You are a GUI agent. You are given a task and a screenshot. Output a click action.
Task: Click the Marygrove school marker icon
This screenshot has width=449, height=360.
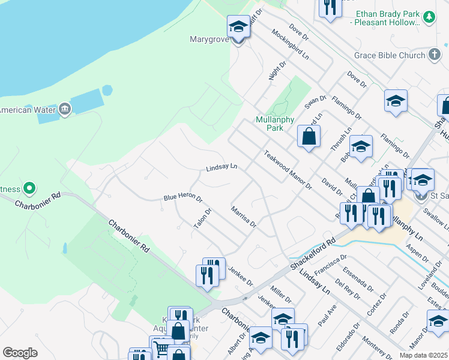point(238,26)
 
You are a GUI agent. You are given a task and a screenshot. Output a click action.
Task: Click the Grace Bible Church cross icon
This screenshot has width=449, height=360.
point(435,55)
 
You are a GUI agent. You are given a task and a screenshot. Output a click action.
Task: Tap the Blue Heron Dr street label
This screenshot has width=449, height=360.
point(182,199)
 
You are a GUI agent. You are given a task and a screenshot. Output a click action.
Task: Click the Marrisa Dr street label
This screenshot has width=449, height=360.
point(244,217)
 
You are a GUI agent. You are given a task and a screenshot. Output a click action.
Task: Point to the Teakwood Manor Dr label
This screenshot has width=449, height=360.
point(288,170)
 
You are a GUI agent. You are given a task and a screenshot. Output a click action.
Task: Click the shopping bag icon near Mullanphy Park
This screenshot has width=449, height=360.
point(308,136)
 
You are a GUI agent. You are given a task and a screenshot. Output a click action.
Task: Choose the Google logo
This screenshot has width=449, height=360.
point(20,353)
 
